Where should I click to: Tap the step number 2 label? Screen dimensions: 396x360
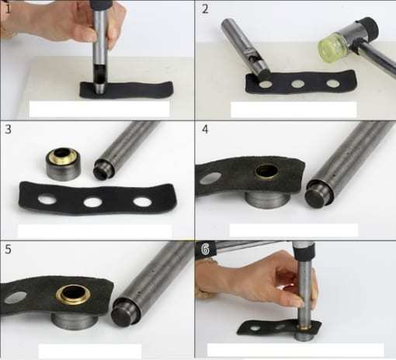point(205,9)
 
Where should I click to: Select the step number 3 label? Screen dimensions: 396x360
point(9,129)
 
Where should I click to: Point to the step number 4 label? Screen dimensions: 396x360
point(205,129)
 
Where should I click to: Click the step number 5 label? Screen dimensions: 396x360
point(8,249)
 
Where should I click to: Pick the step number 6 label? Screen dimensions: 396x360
point(205,249)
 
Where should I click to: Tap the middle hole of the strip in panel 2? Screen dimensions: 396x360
point(297,84)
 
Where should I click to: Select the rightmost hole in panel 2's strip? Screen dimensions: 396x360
point(332,83)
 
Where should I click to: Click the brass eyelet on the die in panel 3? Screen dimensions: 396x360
point(63,156)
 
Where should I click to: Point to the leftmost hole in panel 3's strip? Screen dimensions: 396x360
point(46,199)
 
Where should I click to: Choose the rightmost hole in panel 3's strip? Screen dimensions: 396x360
point(142,202)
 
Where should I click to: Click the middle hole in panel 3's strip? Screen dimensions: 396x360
point(93,202)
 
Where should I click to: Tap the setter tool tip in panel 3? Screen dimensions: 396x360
point(103,170)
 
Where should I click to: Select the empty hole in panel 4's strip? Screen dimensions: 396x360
point(211,178)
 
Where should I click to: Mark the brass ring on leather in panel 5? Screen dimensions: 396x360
point(74,295)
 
